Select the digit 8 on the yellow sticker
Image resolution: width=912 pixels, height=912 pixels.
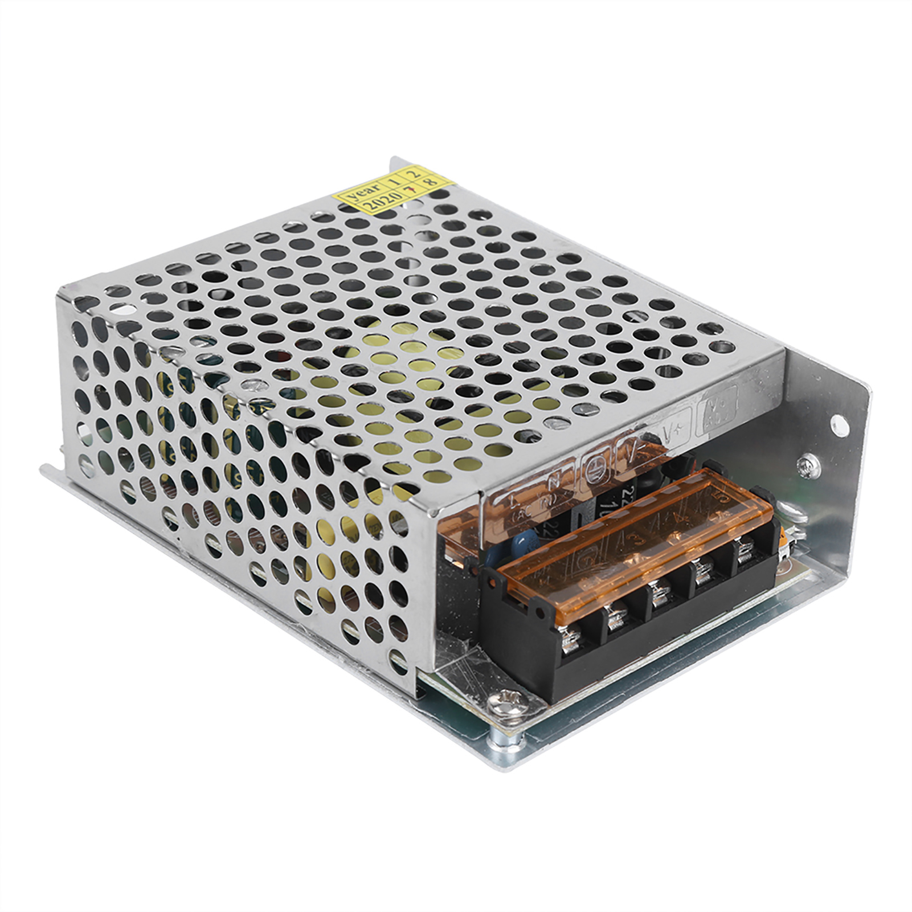click(x=431, y=181)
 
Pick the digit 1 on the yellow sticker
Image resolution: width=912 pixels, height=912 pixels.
click(x=394, y=179)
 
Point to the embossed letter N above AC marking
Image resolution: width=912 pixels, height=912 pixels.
click(x=552, y=481)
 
